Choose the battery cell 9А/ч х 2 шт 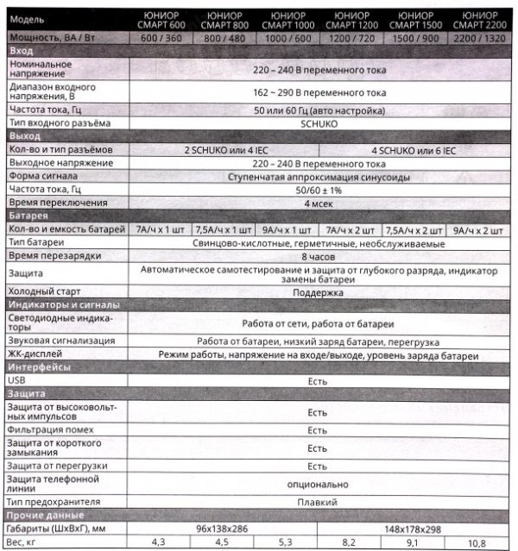tap(479, 229)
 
